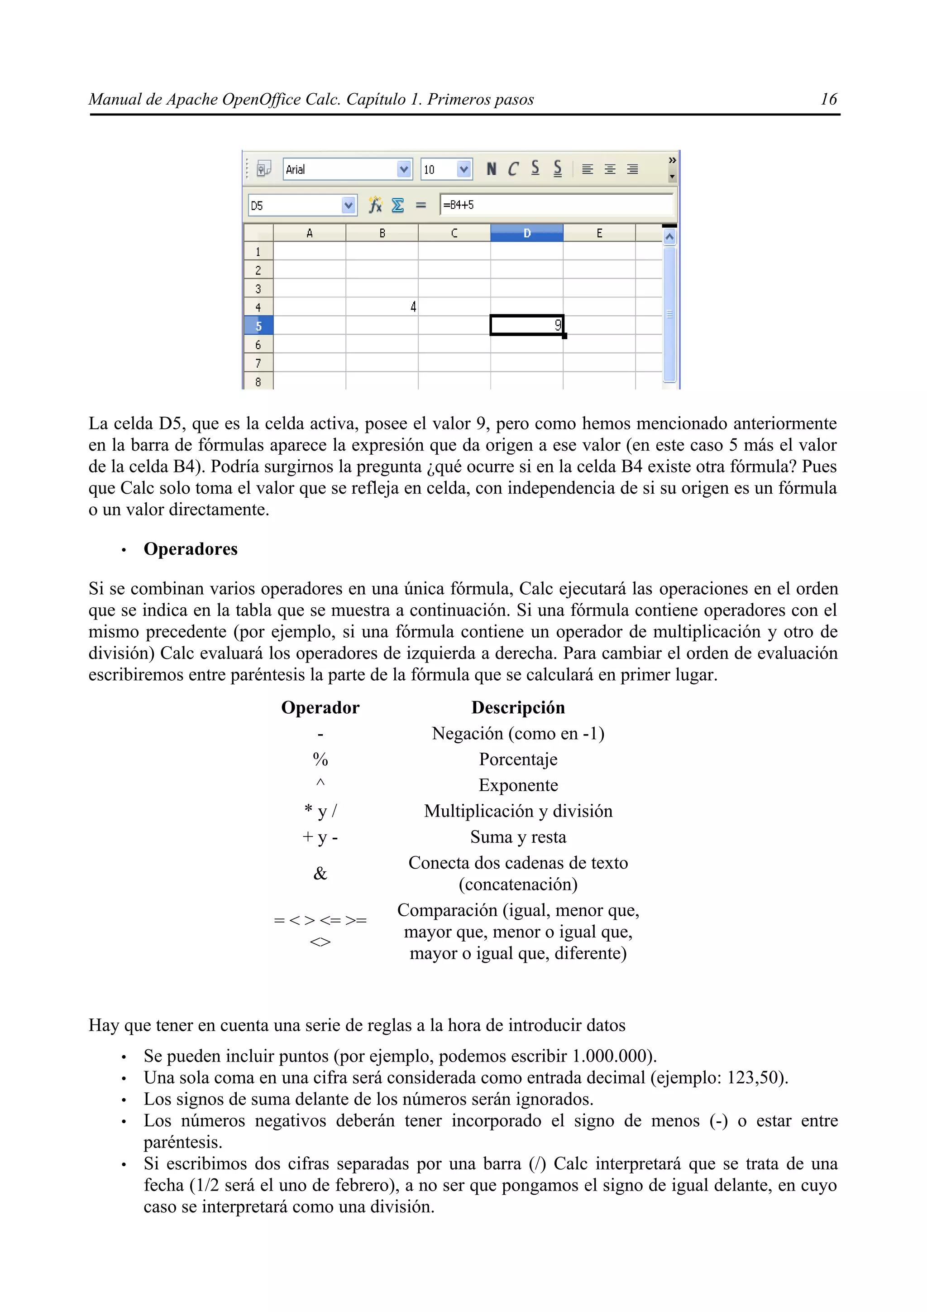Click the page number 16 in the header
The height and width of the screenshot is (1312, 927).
[828, 100]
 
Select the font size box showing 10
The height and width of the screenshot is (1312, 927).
[439, 169]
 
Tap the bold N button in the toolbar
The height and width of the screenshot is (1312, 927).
[491, 168]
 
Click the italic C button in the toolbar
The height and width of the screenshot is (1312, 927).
[513, 168]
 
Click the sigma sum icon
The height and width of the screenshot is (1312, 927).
[397, 205]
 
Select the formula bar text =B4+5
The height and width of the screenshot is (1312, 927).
[458, 205]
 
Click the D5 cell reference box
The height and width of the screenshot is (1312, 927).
[294, 205]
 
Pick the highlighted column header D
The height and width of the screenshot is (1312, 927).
[526, 233]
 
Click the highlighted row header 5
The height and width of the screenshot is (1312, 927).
[258, 326]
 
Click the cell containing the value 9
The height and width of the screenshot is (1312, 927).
[526, 326]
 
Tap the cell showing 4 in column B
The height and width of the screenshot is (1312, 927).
[382, 307]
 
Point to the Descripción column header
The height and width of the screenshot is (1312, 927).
[518, 707]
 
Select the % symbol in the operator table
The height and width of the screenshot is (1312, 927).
[320, 759]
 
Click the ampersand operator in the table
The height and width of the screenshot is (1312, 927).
[320, 873]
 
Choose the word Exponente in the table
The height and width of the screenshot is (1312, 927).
[518, 785]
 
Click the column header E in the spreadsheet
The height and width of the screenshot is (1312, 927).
[599, 233]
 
